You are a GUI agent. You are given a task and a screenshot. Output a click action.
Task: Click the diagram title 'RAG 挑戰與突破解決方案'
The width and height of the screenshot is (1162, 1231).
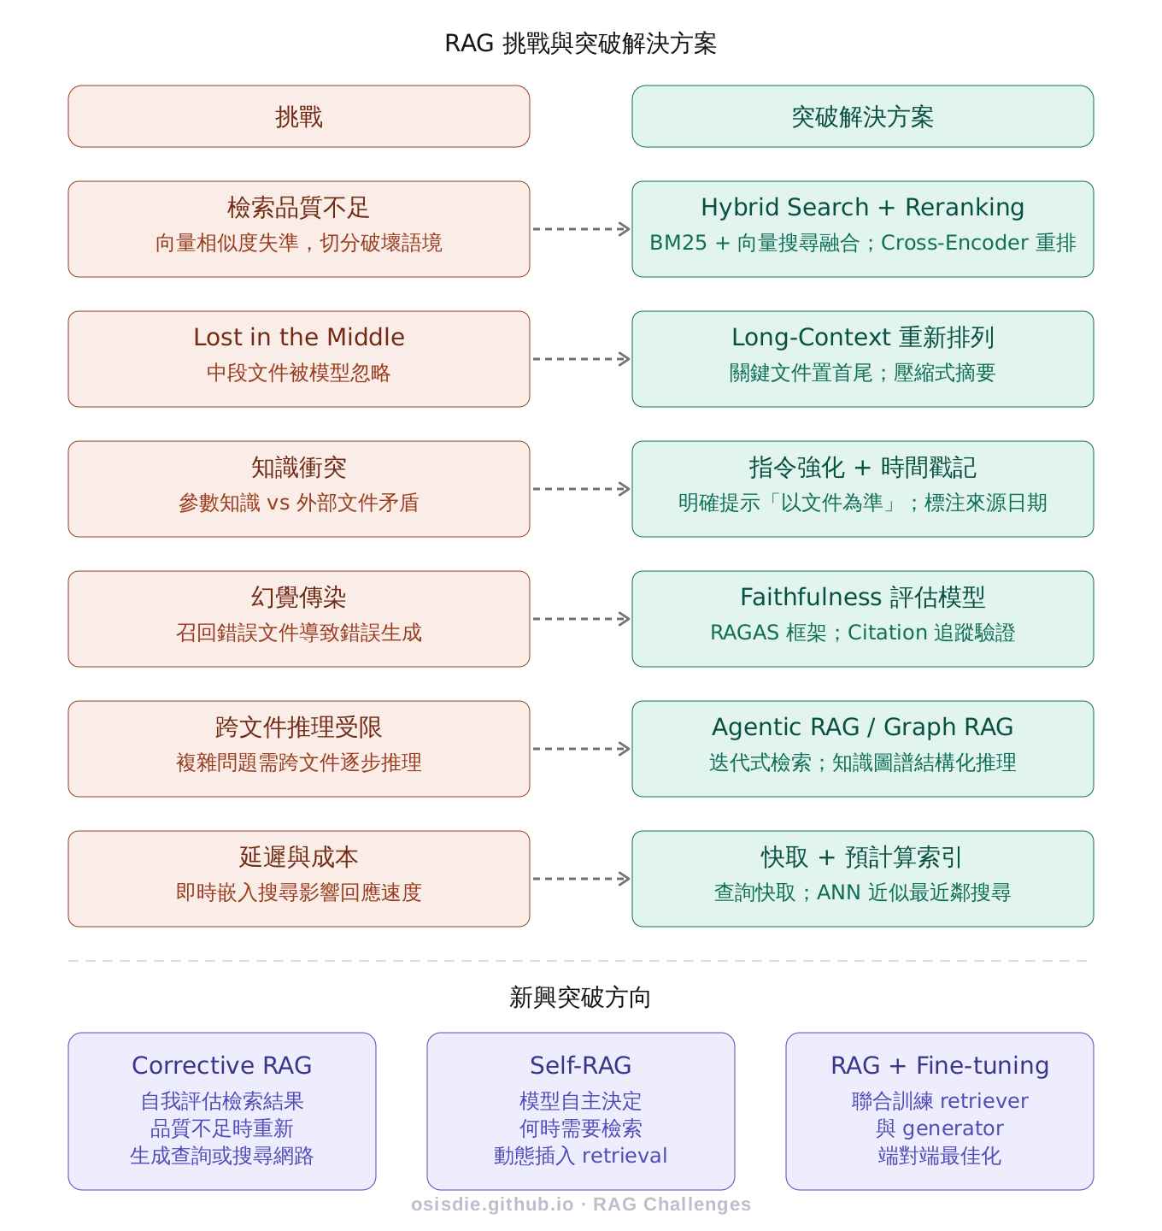point(580,44)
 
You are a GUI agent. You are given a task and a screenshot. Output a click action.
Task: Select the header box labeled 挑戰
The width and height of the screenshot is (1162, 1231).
point(298,116)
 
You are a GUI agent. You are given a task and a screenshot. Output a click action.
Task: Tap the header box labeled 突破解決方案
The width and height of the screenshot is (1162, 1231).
point(862,116)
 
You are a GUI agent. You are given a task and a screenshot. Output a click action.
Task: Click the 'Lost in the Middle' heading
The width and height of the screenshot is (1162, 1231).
point(298,337)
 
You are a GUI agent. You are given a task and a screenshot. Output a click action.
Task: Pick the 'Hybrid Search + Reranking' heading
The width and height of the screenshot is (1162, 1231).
point(862,207)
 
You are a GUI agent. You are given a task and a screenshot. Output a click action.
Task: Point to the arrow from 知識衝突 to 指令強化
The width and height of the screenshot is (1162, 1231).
point(581,489)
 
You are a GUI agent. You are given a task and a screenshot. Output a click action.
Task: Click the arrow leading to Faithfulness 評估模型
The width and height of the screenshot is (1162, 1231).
point(581,619)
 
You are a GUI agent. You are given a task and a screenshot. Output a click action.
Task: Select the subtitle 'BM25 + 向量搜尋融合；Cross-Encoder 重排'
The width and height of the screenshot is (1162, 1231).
point(862,243)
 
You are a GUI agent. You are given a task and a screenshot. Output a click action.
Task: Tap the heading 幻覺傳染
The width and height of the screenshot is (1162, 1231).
point(298,597)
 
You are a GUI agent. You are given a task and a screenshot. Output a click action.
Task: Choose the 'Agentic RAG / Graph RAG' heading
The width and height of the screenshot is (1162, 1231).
point(862,727)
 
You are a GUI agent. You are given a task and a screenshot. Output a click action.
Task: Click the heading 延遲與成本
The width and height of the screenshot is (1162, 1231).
point(298,857)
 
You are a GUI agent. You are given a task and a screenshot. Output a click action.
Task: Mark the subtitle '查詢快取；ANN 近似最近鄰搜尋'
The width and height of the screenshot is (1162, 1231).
point(862,892)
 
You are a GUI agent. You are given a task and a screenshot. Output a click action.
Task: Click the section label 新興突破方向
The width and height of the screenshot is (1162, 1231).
point(580,997)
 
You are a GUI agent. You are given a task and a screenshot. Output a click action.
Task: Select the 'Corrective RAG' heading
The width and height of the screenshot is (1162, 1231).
point(221,1065)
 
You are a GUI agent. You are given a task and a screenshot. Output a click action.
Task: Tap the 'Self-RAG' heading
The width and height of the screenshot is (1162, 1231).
point(580,1065)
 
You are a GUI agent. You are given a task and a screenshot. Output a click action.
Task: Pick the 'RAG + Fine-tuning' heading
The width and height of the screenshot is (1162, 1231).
point(939,1065)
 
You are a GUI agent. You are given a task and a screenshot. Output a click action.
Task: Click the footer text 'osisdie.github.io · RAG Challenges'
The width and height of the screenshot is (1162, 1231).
point(580,1204)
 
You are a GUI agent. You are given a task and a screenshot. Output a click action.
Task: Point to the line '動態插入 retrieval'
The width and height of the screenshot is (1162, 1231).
point(580,1156)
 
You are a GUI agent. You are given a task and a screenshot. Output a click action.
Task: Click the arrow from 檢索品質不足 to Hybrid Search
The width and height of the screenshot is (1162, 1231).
point(581,229)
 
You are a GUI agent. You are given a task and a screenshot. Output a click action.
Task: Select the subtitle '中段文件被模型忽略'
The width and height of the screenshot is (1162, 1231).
point(298,373)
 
